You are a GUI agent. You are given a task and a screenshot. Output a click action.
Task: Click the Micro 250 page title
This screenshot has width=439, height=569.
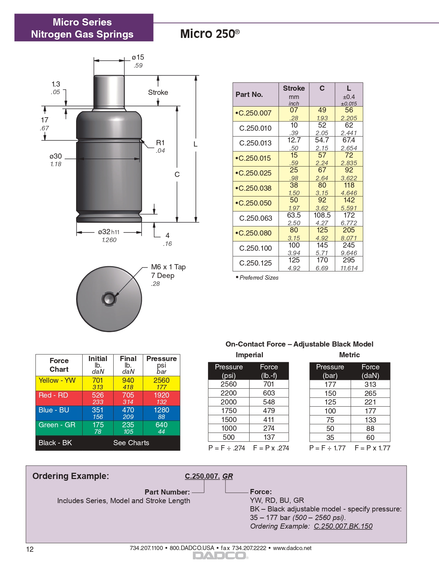[210, 34]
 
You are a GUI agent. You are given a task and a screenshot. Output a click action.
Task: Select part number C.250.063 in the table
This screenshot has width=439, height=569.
[255, 218]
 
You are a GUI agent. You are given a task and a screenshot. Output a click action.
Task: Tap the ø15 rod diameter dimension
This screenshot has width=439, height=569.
[138, 58]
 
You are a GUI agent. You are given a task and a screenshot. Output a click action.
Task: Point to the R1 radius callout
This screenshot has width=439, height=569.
[160, 143]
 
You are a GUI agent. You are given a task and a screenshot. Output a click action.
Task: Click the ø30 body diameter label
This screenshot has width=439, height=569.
[55, 156]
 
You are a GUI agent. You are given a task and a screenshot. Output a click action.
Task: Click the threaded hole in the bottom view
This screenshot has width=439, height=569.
[109, 299]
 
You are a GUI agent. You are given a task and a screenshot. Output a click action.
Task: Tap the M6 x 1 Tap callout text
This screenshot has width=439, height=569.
[168, 267]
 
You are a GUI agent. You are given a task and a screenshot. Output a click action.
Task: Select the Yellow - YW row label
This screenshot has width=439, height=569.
[57, 380]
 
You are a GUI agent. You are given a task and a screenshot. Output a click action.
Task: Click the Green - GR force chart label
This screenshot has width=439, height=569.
[57, 425]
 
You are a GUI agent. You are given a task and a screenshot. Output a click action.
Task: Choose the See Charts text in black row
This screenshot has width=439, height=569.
[131, 443]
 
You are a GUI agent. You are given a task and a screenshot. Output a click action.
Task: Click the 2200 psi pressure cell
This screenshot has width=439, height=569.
[229, 393]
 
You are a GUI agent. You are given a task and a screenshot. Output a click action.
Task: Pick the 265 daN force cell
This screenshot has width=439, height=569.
[370, 393]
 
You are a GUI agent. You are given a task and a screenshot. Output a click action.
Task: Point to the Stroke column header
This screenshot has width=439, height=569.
[294, 89]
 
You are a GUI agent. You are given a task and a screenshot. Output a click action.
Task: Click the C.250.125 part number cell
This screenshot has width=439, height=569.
[255, 263]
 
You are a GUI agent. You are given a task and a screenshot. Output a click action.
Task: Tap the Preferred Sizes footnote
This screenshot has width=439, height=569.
[259, 278]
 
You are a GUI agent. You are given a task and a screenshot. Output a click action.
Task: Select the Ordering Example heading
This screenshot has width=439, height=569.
[71, 476]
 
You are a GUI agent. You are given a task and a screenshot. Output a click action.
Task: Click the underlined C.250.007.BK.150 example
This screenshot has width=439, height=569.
[343, 526]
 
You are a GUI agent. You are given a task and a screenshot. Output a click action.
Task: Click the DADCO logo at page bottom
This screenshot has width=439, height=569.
[219, 556]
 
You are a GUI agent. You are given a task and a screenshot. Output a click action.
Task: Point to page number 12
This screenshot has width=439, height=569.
[30, 549]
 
